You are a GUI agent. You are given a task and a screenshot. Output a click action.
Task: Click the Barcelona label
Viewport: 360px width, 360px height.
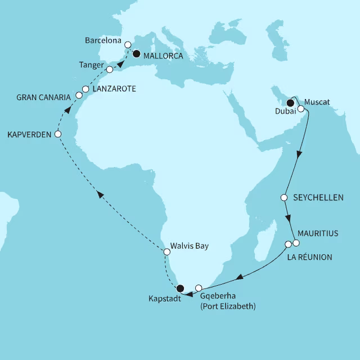pos(103,42)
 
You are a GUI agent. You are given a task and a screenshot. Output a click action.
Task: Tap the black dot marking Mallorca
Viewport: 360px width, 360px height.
pos(136,55)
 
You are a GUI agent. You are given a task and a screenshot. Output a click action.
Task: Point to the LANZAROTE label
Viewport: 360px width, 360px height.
pos(114,89)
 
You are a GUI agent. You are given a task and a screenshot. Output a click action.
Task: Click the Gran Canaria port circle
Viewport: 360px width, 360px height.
pos(79,96)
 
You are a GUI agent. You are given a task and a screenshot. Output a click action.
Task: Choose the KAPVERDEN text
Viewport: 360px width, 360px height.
pos(28,134)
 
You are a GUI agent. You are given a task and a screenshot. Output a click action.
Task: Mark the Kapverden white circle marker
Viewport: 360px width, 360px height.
pos(57,134)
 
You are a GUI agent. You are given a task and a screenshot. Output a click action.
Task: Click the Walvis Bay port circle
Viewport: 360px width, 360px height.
pos(166,252)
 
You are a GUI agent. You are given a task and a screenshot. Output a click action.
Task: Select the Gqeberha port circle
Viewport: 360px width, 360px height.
pos(198,288)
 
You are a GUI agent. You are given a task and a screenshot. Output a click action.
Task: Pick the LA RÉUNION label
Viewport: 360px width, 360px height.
pos(309,257)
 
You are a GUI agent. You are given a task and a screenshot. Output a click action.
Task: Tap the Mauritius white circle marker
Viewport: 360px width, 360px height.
pos(296,243)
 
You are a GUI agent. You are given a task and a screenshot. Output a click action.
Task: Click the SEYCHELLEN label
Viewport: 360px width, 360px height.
pos(319,198)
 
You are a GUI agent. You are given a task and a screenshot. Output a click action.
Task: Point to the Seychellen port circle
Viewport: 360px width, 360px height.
pos(284,198)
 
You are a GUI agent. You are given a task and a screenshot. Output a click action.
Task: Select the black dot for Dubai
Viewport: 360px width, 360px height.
pos(291,103)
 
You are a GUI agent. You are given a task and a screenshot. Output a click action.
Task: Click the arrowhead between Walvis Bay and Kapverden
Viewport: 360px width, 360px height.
pos(100,194)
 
